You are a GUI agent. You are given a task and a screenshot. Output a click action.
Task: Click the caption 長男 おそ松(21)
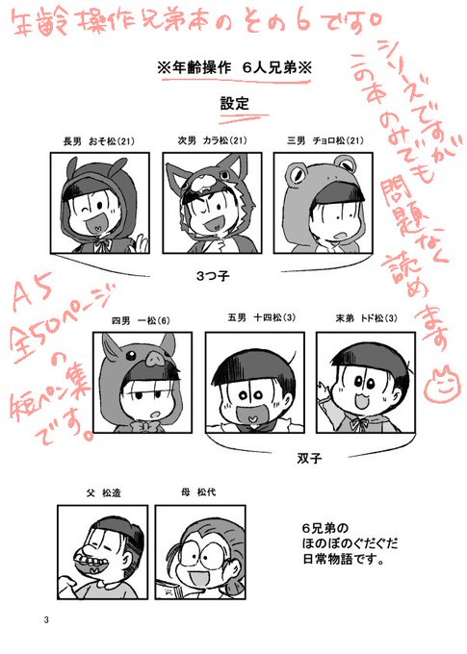click(x=99, y=141)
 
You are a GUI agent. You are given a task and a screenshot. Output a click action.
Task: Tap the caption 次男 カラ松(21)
click(x=212, y=140)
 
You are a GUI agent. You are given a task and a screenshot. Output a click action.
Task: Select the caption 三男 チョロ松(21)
click(x=325, y=140)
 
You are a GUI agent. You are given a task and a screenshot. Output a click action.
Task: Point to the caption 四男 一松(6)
click(x=141, y=320)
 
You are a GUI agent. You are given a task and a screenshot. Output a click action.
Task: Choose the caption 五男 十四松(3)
click(x=262, y=317)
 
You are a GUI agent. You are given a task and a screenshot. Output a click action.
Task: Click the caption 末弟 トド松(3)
click(x=366, y=318)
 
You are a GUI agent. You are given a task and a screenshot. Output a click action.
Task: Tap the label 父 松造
click(x=103, y=493)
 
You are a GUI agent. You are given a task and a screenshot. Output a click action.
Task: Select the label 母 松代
click(x=198, y=492)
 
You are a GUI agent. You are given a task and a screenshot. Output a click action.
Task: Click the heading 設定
click(x=235, y=104)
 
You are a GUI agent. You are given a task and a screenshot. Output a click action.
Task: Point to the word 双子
click(x=309, y=458)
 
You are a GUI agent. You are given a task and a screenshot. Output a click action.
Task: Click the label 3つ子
click(x=213, y=276)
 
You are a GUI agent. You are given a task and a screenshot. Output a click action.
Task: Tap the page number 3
click(x=46, y=619)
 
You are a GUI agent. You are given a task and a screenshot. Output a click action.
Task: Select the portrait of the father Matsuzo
click(x=103, y=552)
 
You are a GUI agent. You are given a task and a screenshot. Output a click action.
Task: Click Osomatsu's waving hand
click(x=142, y=243)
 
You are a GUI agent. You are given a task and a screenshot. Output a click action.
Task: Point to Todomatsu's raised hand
click(x=324, y=391)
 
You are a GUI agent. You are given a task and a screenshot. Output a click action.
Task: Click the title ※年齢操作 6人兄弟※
click(x=235, y=68)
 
